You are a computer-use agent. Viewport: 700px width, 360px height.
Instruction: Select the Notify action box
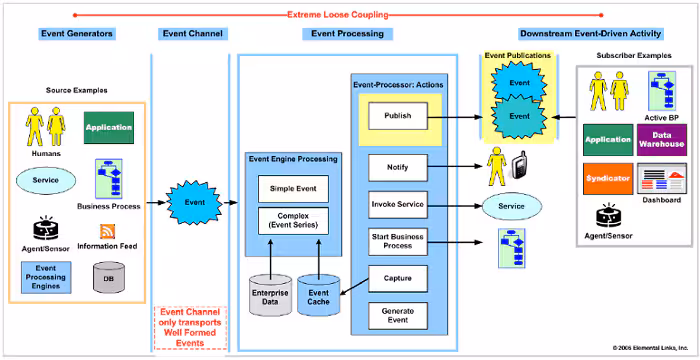point(397,166)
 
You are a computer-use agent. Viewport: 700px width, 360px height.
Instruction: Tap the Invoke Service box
point(397,205)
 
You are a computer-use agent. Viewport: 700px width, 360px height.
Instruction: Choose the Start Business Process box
point(397,240)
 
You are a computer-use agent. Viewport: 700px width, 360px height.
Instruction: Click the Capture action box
point(397,277)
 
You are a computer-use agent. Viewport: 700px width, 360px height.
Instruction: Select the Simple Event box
point(292,188)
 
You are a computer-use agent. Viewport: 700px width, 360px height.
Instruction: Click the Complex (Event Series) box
point(292,220)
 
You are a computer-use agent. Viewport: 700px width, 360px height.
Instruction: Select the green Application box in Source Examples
point(108,128)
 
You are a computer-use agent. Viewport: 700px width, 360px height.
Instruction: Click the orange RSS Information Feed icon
point(107,232)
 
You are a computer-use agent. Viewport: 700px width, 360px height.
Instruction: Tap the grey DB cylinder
point(108,277)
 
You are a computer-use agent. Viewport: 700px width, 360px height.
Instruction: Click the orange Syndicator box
point(608,177)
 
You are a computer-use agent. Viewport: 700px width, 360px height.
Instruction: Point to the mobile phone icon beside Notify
point(520,167)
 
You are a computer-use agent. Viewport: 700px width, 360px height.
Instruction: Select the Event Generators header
point(77,34)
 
